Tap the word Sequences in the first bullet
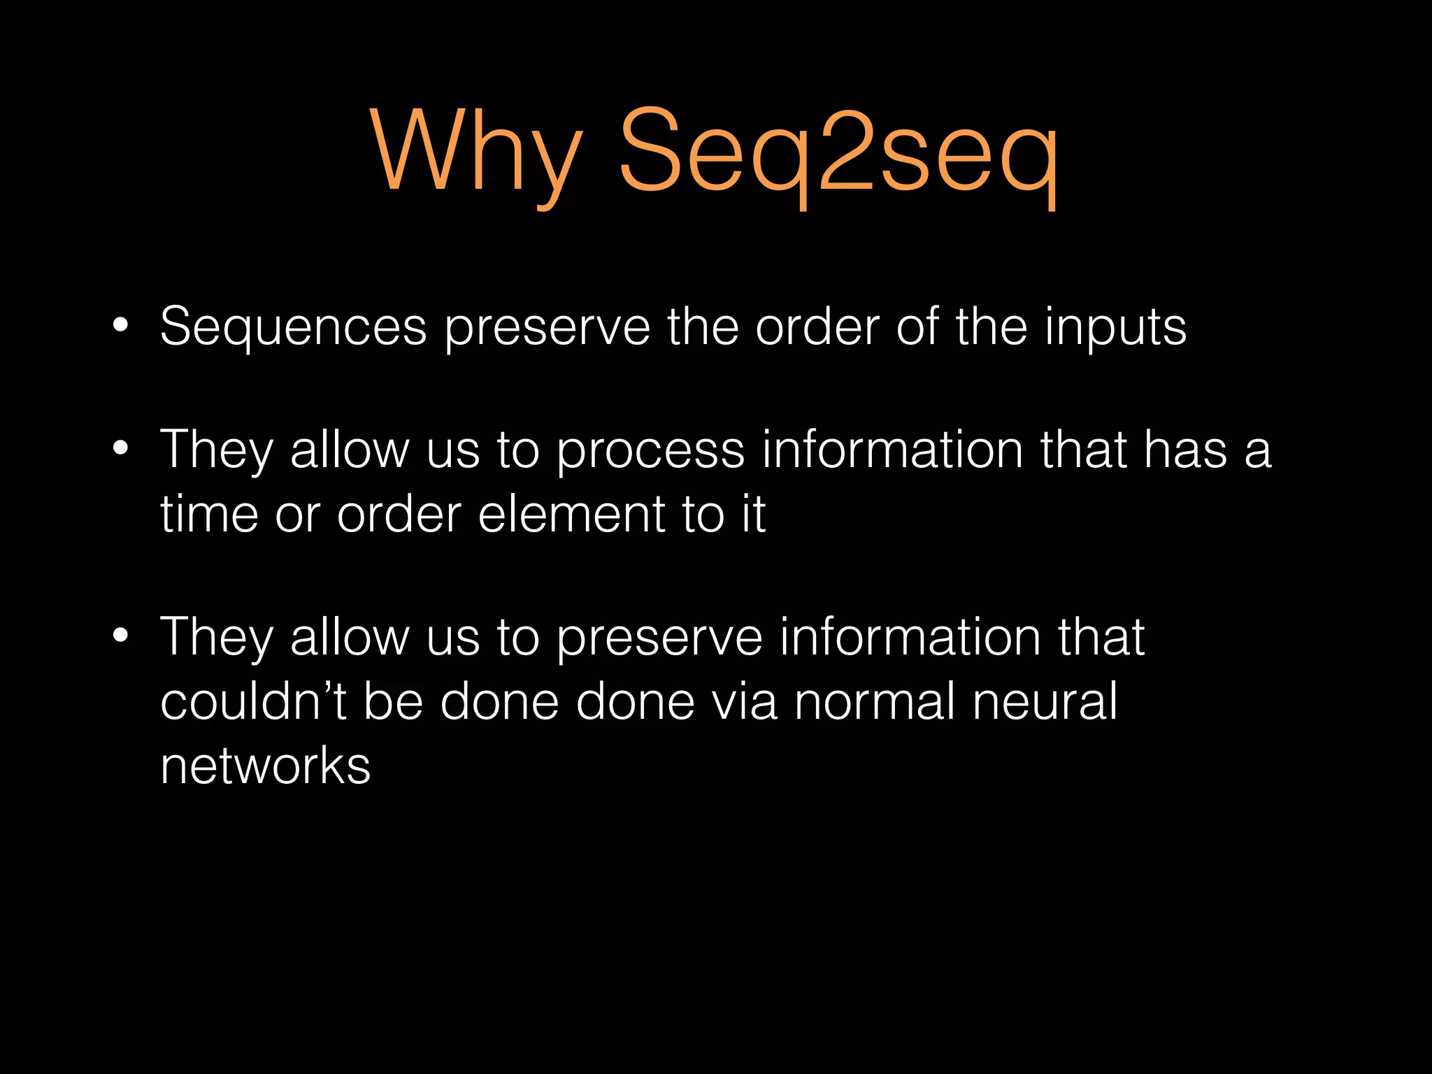click(293, 327)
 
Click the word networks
click(265, 766)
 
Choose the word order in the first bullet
click(817, 327)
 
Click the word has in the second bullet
click(1185, 450)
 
